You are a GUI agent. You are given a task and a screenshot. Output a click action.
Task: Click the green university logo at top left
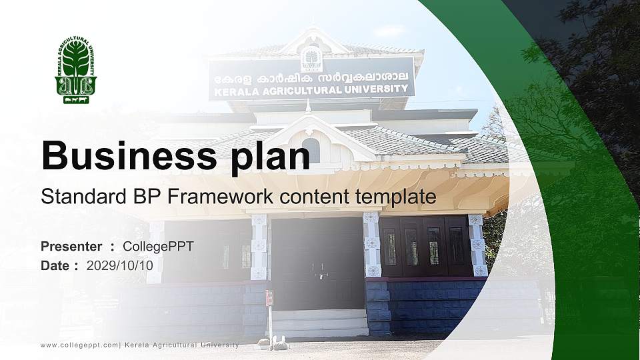coord(75,70)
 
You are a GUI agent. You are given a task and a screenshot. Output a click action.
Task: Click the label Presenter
coord(71,247)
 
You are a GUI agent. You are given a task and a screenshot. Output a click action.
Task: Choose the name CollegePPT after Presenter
coord(158,247)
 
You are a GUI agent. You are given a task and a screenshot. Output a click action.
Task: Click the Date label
coord(55,265)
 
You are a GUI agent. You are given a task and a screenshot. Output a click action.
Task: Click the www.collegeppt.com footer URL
coord(79,345)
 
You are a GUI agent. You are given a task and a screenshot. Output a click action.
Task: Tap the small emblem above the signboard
coord(311,59)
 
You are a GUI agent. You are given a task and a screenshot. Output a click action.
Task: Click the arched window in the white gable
coord(311,148)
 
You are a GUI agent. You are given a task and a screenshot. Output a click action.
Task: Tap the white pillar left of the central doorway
coord(259,247)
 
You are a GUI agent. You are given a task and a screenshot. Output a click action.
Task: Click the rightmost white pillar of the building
coord(477,245)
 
